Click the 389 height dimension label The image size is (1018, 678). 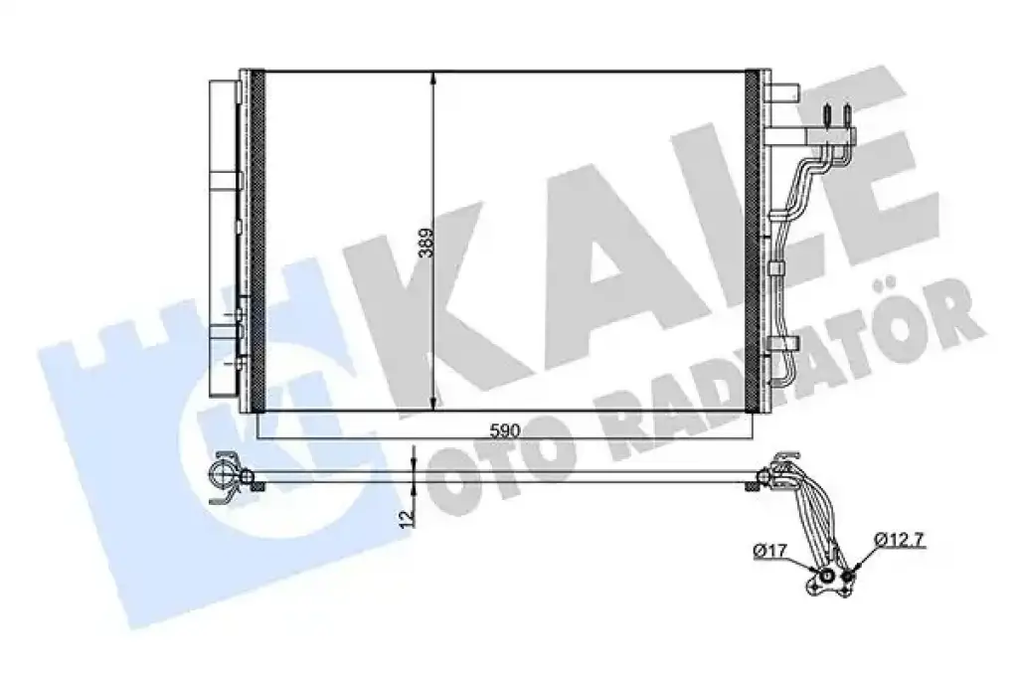(425, 243)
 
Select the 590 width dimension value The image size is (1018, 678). (505, 431)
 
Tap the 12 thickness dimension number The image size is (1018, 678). (407, 518)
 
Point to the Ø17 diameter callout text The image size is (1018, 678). (770, 552)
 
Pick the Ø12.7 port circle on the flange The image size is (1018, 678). (849, 576)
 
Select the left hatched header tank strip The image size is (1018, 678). (257, 241)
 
